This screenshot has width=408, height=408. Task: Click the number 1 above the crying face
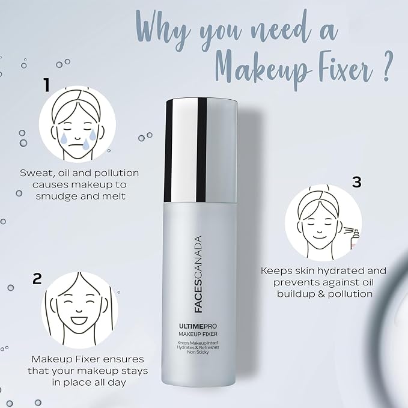47,85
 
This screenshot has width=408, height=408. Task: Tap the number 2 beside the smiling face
37,279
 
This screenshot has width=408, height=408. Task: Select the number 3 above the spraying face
357,182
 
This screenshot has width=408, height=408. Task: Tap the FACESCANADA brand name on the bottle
198,274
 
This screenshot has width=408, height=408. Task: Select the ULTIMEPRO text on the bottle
198,326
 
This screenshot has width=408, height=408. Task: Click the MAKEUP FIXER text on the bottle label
198,334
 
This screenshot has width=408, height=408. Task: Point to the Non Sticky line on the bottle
198,352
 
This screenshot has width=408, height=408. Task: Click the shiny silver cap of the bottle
201,150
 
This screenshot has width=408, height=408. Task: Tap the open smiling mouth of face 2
80,320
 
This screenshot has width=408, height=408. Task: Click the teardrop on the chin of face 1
85,144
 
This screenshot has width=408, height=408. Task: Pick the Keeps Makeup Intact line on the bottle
198,343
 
